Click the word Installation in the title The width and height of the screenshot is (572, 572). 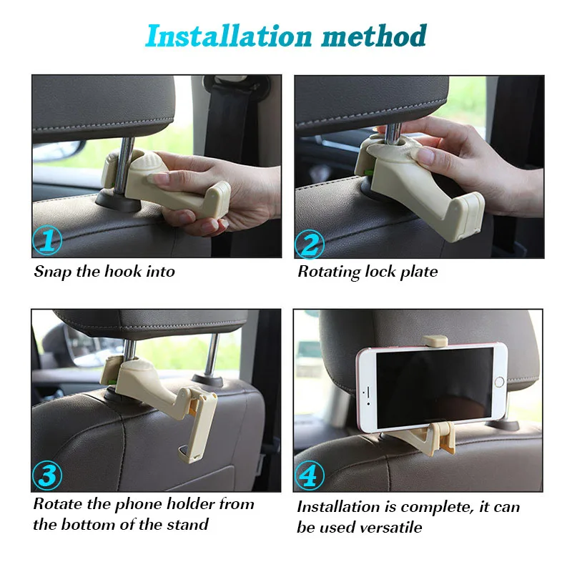click(x=229, y=36)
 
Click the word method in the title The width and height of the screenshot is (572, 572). click(x=374, y=36)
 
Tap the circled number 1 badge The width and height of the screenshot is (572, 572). click(x=47, y=240)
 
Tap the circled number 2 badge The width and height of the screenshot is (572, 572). click(x=310, y=244)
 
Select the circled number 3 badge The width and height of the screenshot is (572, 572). click(x=47, y=475)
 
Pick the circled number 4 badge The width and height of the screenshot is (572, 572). click(x=310, y=475)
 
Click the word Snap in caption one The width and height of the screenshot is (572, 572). click(x=52, y=272)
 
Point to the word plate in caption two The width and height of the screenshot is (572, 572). click(x=419, y=272)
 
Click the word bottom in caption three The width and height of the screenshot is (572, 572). click(x=88, y=525)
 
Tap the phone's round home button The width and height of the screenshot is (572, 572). click(x=499, y=382)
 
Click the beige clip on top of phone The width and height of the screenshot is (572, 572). click(x=435, y=341)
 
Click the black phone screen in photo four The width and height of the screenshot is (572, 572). click(x=435, y=388)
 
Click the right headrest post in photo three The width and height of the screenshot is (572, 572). click(x=212, y=354)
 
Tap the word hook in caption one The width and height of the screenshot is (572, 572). click(x=123, y=272)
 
